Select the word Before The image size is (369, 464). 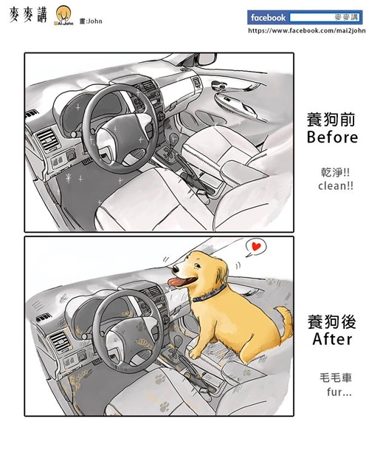[332, 138]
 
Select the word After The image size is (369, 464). [332, 341]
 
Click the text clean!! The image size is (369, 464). [336, 185]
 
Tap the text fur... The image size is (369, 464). [336, 392]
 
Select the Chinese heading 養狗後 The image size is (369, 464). [332, 322]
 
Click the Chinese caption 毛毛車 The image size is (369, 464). [336, 376]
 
